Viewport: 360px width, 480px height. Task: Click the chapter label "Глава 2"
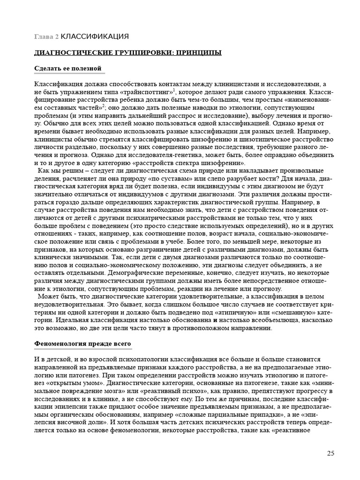click(46, 37)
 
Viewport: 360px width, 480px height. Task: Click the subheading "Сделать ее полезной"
click(68, 68)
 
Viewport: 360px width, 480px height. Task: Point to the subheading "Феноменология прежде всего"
click(82, 344)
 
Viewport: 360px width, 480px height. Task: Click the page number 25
click(330, 453)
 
